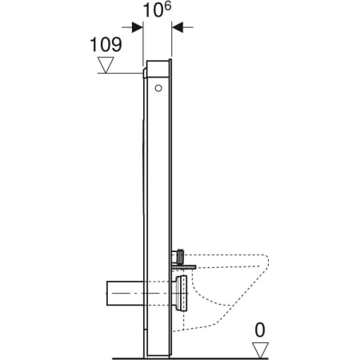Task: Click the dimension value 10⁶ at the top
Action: [x=157, y=11]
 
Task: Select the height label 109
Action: [x=106, y=44]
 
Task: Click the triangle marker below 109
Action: [x=106, y=65]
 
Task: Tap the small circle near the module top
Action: [x=160, y=86]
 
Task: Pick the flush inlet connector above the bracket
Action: [x=181, y=254]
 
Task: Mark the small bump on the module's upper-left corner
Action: [x=142, y=74]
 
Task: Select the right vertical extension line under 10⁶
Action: [x=172, y=40]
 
